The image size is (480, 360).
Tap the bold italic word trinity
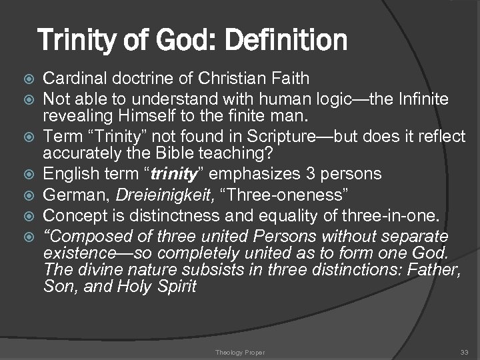[x=159, y=175]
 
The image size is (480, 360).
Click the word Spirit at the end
[x=177, y=287]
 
